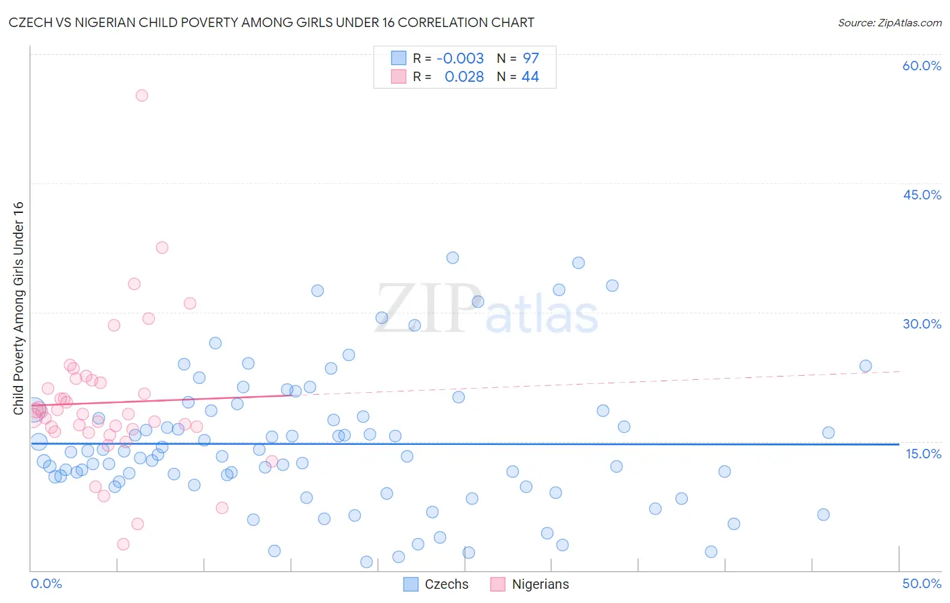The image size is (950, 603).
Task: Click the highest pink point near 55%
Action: coord(142,95)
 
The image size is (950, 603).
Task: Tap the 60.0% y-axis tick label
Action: coord(922,66)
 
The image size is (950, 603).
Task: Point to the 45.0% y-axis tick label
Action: coord(922,195)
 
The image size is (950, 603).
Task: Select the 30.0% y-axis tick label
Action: coord(922,324)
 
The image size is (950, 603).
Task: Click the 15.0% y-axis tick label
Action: coord(923,454)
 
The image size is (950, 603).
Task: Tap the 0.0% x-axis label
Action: coord(46,583)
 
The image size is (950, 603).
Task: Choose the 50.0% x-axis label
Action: coord(922,583)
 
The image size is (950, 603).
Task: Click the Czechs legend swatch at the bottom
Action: coord(411,584)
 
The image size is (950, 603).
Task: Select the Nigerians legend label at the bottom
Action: coord(540,584)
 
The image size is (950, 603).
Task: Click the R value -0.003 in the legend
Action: coord(460,59)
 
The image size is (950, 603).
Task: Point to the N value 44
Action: coord(530,77)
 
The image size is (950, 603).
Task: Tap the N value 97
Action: coord(530,59)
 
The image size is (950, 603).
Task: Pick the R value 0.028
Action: coord(464,77)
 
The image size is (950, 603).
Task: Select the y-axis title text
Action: coord(18,308)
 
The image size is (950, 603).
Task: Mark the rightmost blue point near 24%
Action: coord(866,366)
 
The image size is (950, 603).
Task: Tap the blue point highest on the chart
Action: coord(453,258)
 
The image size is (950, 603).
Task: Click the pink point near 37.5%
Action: coord(162,247)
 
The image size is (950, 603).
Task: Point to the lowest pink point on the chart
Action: coord(123,544)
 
